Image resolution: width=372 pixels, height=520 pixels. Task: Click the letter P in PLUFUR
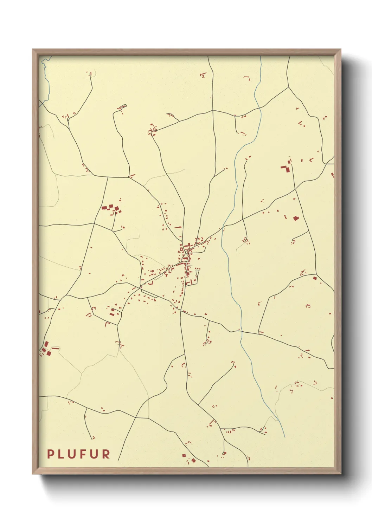(51, 454)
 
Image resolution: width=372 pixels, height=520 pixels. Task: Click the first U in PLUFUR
(73, 454)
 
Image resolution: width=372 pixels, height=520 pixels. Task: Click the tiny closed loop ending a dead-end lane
(124, 106)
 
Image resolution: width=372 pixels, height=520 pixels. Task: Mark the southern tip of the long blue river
(285, 438)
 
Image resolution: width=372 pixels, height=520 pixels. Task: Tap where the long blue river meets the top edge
(261, 56)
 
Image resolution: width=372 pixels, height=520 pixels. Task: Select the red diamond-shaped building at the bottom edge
(193, 460)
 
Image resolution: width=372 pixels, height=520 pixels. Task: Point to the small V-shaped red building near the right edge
(311, 160)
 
